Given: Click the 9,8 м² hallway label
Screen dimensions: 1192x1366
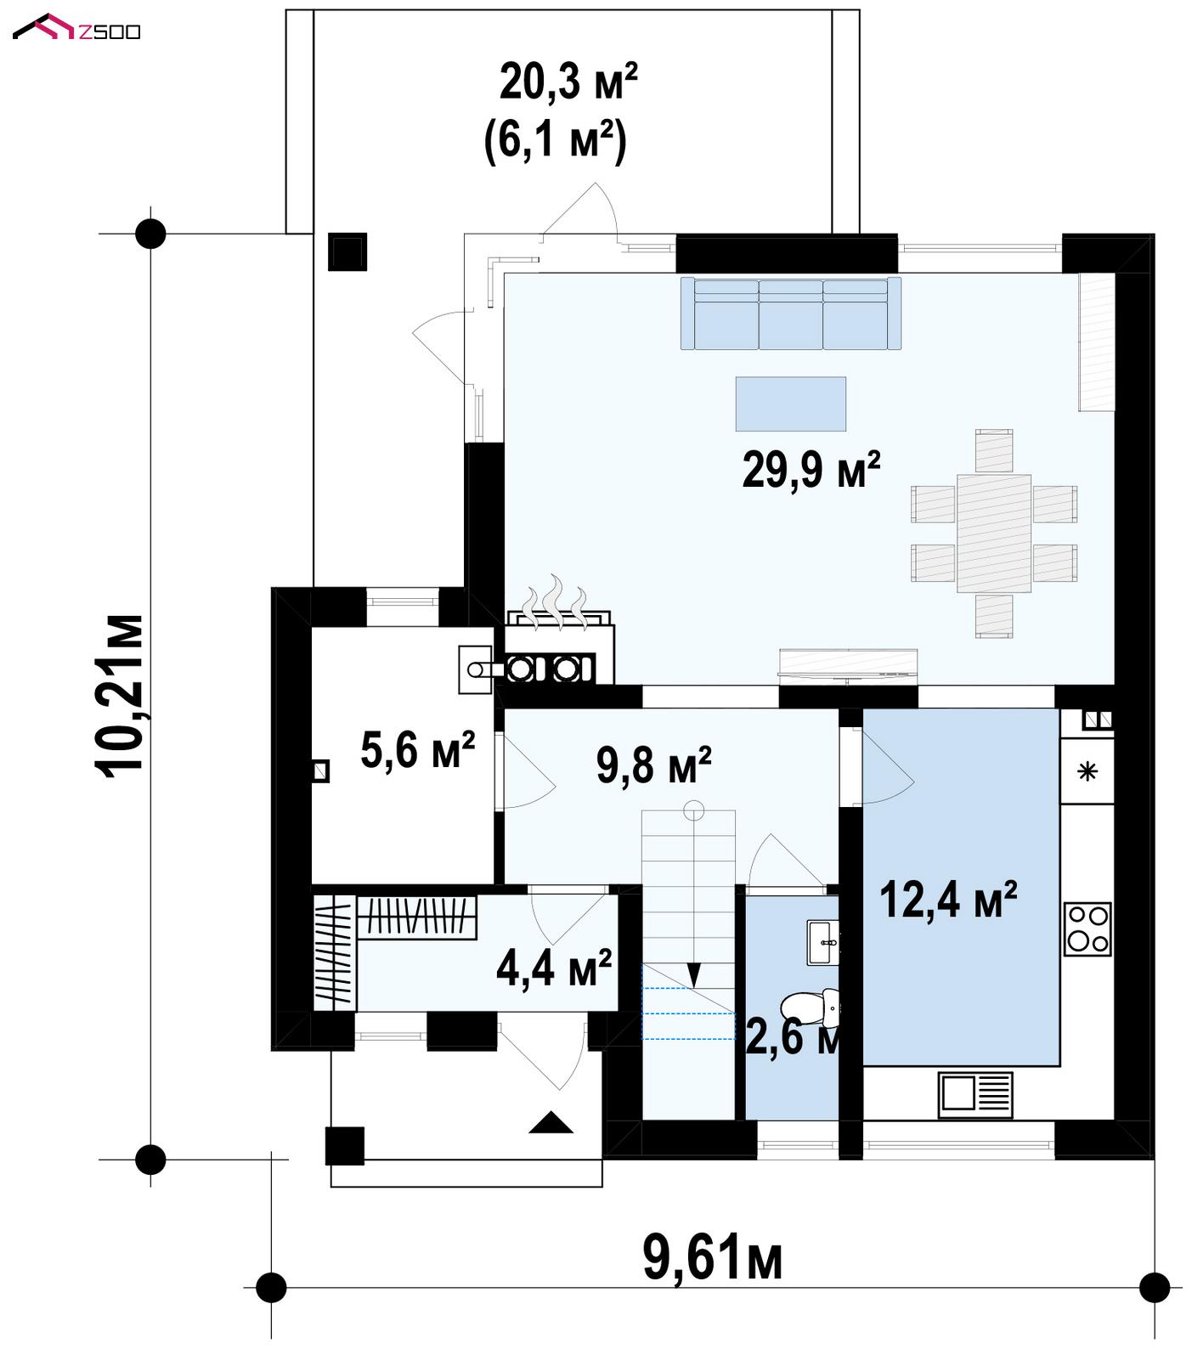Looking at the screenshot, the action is click(x=653, y=765).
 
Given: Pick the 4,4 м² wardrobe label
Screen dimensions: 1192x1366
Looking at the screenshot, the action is click(x=554, y=968).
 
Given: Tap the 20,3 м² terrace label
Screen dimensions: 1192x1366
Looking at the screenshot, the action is click(x=568, y=82).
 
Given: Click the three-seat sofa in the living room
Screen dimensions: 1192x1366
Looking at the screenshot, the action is click(x=790, y=313).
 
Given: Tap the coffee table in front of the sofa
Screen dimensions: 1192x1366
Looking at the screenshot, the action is click(x=790, y=404).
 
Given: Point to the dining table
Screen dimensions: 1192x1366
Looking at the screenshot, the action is click(x=994, y=533).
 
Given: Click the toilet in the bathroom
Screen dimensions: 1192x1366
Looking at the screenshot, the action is click(x=811, y=1008).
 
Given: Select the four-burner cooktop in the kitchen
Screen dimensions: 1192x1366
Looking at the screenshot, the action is click(x=1087, y=929).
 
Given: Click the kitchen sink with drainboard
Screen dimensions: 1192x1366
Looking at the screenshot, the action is click(x=975, y=1094).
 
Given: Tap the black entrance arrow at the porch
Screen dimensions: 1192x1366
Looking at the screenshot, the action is click(x=551, y=1123).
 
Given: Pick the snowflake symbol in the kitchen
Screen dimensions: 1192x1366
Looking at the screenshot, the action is click(x=1087, y=771).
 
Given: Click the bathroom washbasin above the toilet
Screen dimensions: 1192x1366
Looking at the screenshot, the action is click(x=823, y=943).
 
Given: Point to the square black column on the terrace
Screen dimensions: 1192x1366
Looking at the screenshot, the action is click(x=347, y=251).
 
